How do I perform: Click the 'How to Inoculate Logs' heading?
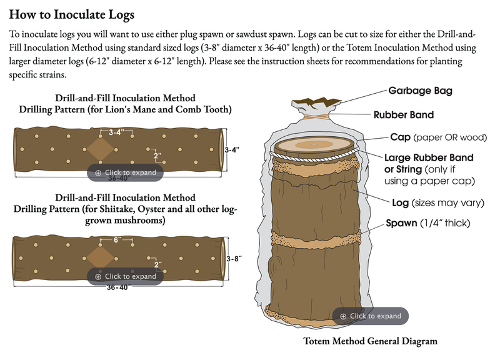pyautogui.click(x=72, y=14)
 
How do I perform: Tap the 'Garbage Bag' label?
pyautogui.click(x=420, y=91)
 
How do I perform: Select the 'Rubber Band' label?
pyautogui.click(x=404, y=115)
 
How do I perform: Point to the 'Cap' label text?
pyautogui.click(x=400, y=137)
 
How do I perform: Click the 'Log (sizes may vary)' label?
pyautogui.click(x=438, y=202)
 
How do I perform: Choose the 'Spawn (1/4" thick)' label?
pyautogui.click(x=428, y=223)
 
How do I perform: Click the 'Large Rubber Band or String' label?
pyautogui.click(x=429, y=163)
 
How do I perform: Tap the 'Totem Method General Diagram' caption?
pyautogui.click(x=370, y=341)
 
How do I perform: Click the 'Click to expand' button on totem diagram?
pyautogui.click(x=370, y=316)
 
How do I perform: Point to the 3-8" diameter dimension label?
pyautogui.click(x=234, y=259)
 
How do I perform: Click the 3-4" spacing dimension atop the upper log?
pyautogui.click(x=116, y=132)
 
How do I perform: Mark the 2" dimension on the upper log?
pyautogui.click(x=157, y=156)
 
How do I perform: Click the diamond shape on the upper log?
pyautogui.click(x=100, y=149)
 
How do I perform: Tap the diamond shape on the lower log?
pyautogui.click(x=100, y=257)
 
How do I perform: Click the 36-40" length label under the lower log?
pyautogui.click(x=117, y=287)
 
